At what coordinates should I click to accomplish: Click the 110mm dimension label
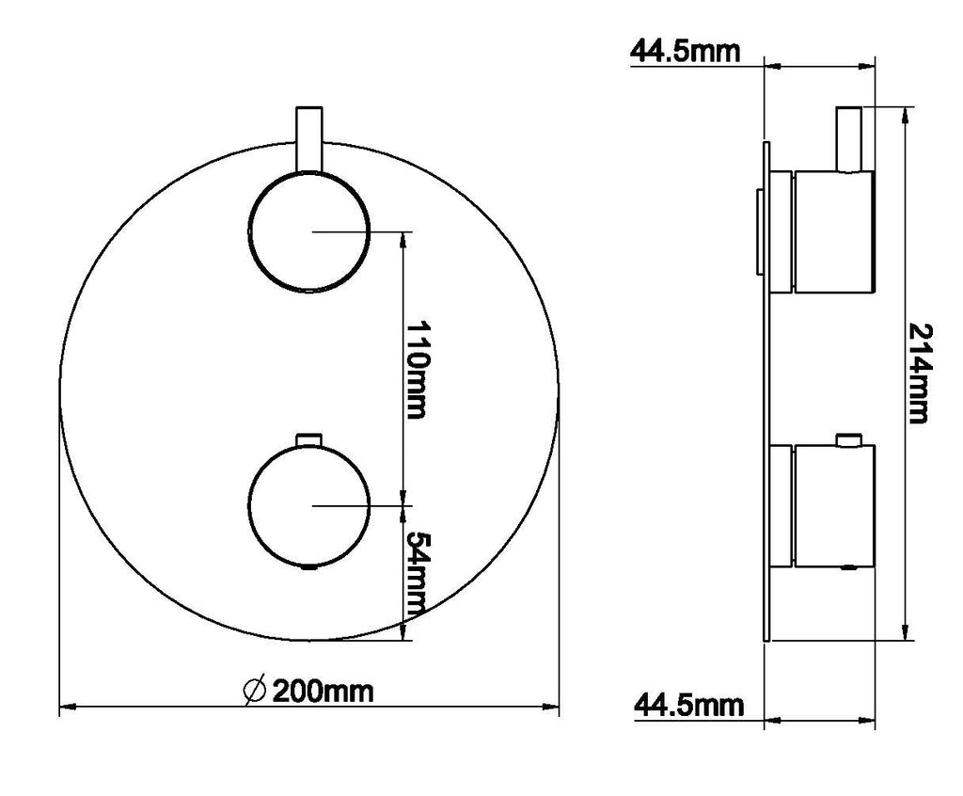pyautogui.click(x=416, y=370)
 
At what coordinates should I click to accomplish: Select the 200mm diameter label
pyautogui.click(x=323, y=692)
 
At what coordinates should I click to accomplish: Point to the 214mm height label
pyautogui.click(x=919, y=374)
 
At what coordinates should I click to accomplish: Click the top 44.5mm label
pyautogui.click(x=685, y=52)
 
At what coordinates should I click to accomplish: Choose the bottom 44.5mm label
pyautogui.click(x=688, y=705)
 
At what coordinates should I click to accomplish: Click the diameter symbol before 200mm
pyautogui.click(x=254, y=691)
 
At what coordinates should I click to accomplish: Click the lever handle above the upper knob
pyautogui.click(x=308, y=139)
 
